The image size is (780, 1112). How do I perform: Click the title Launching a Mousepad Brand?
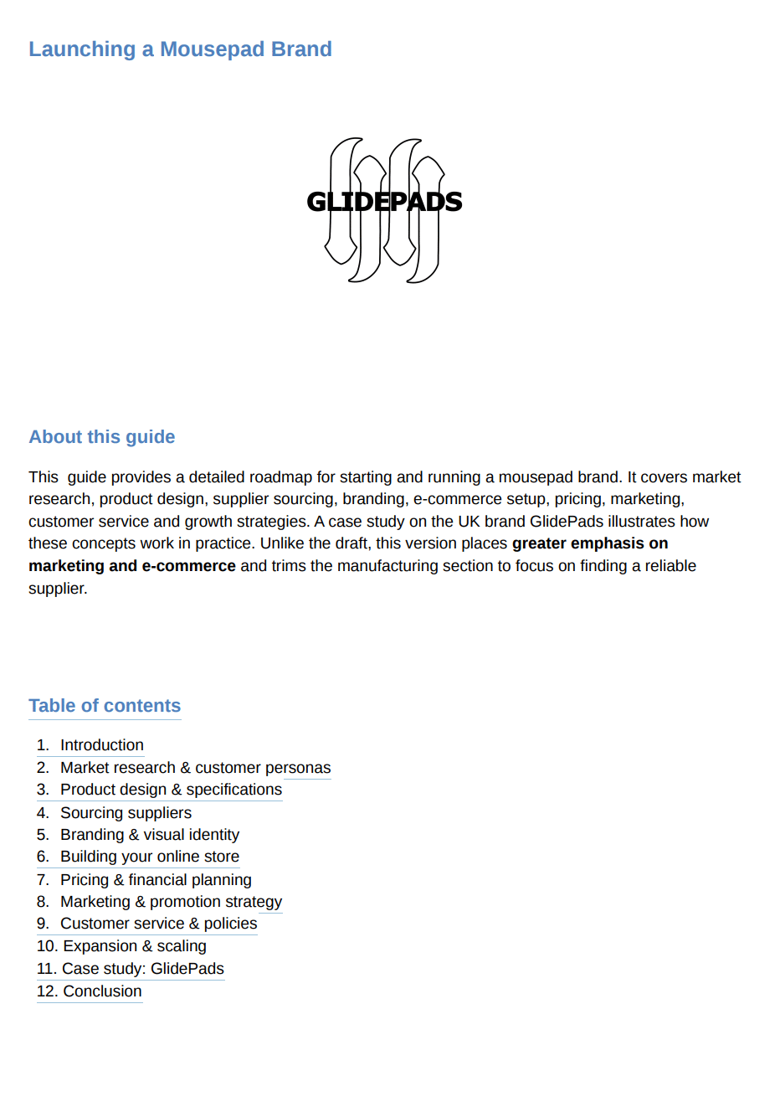[x=180, y=49]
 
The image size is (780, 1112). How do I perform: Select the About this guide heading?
[x=102, y=437]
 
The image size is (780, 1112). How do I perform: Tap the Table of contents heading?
[x=105, y=706]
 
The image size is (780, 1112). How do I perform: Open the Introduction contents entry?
[x=101, y=745]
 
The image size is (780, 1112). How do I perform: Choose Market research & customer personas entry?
[x=195, y=768]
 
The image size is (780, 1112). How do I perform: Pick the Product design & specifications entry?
[x=171, y=790]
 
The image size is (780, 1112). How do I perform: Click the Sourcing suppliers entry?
[x=126, y=813]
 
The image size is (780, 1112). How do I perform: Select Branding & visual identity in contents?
[x=149, y=835]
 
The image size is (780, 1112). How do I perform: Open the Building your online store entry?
[x=149, y=857]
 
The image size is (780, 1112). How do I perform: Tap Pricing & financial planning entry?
[x=156, y=880]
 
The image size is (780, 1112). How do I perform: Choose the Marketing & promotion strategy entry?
[x=171, y=902]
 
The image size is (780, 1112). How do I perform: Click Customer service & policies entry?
[x=158, y=924]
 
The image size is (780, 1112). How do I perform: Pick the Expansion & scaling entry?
[x=134, y=946]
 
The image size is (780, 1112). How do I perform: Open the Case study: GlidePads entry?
[x=142, y=969]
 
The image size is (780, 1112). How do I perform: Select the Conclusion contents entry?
[x=102, y=991]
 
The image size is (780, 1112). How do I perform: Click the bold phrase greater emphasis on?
[x=590, y=543]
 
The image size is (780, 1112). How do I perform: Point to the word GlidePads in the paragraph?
[x=567, y=522]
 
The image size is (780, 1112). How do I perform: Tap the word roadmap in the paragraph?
[x=282, y=477]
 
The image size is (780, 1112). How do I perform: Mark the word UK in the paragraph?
[x=469, y=522]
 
